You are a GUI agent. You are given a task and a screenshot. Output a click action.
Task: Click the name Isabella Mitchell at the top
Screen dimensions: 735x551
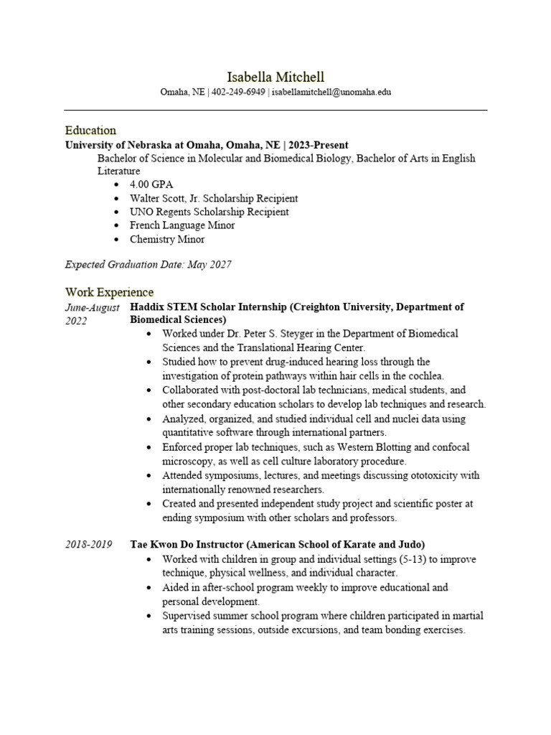point(275,77)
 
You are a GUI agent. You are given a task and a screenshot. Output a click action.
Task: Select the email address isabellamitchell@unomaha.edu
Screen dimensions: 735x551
point(331,93)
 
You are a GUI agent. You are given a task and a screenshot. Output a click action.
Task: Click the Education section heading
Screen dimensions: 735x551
point(90,130)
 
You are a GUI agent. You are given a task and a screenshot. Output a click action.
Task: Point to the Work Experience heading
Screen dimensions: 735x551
point(109,292)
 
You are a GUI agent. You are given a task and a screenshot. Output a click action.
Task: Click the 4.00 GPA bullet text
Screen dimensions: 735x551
point(151,184)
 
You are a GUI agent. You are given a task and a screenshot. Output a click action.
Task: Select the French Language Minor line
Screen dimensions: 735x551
point(182,225)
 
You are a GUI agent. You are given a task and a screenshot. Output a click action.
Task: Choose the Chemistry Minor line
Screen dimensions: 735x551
point(166,239)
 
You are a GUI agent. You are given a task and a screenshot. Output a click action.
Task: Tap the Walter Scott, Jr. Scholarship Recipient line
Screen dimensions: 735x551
point(213,198)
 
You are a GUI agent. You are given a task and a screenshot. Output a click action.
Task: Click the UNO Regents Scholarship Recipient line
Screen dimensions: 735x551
point(209,212)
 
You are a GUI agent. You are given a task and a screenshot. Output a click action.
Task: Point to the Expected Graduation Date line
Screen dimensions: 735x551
point(148,265)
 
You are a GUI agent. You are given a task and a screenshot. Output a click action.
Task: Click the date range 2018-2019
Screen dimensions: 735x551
point(88,545)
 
